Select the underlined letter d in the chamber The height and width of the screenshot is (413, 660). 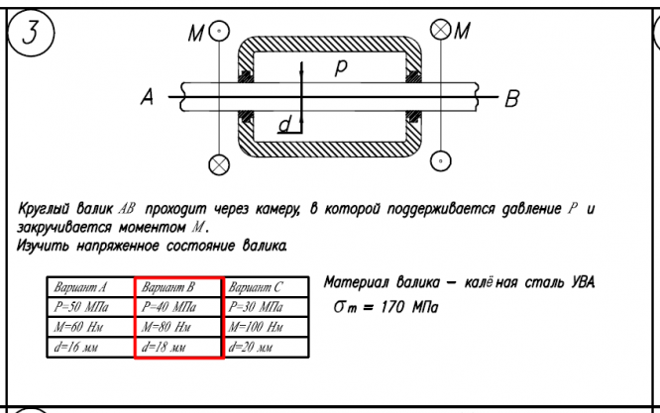coord(285,125)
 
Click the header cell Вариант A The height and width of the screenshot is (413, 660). coord(90,288)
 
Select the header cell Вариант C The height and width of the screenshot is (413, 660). coord(266,288)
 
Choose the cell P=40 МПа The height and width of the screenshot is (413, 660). coord(177,307)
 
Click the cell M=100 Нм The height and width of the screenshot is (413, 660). coord(266,327)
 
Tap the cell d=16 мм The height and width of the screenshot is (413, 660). coord(90,348)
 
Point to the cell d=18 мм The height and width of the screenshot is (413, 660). coord(177,348)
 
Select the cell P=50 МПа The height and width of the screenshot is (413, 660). coord(90,307)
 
